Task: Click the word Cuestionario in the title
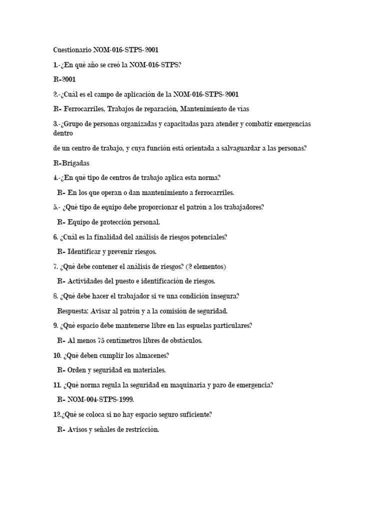71,50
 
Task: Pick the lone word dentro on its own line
63,133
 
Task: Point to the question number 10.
57,355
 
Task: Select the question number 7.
55,266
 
